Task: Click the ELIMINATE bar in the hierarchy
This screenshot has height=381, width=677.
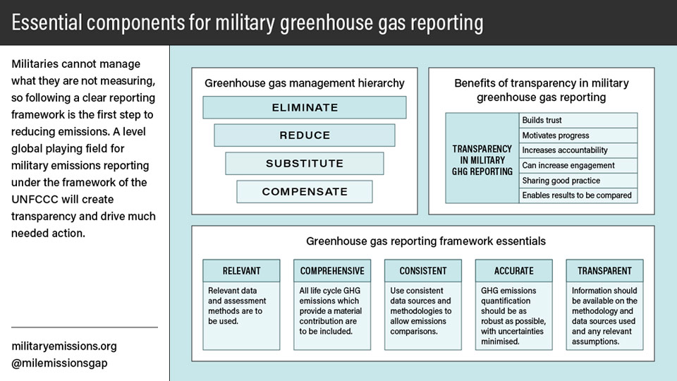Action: [x=305, y=107]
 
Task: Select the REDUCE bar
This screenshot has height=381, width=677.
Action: [x=305, y=135]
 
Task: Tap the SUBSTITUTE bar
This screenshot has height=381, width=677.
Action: [x=305, y=163]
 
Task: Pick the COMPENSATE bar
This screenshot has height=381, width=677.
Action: [x=305, y=192]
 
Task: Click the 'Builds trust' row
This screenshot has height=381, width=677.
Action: [x=578, y=120]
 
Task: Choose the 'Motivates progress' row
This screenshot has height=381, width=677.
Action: [x=578, y=135]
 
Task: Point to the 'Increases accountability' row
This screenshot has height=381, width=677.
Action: [x=578, y=150]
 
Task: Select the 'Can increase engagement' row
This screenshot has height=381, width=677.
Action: [x=578, y=165]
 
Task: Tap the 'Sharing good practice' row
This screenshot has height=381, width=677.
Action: [x=578, y=181]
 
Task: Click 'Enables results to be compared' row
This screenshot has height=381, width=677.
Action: [x=578, y=195]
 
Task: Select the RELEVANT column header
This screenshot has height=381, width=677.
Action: [x=241, y=271]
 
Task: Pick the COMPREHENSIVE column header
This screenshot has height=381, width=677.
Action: [x=332, y=271]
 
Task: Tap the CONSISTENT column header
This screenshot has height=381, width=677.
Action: [x=423, y=271]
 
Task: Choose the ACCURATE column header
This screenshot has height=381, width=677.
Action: [x=514, y=271]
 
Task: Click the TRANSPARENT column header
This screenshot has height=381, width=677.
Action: [x=604, y=271]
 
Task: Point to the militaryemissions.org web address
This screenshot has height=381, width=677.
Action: [x=64, y=346]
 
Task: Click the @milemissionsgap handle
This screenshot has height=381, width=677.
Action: [x=59, y=363]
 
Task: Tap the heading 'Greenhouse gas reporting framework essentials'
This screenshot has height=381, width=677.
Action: [x=426, y=241]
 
